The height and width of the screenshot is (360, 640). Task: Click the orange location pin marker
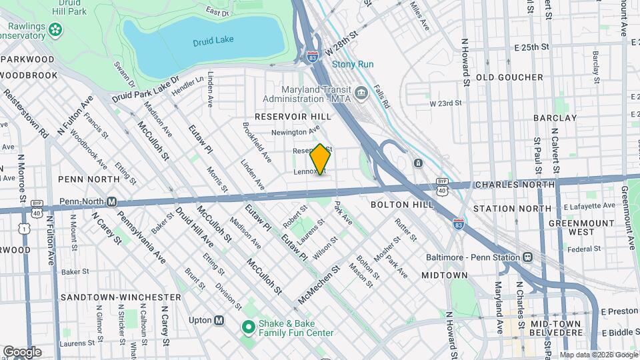tap(320, 159)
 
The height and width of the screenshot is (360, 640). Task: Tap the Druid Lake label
tap(213, 40)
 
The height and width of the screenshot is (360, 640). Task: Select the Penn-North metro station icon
tap(112, 201)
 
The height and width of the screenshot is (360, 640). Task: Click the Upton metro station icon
tap(219, 320)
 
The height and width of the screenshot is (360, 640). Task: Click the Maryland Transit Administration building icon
tap(361, 92)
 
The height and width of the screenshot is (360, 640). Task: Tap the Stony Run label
tap(353, 65)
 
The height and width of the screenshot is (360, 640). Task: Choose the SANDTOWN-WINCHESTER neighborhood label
tap(119, 297)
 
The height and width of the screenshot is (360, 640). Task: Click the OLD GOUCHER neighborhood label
tap(509, 77)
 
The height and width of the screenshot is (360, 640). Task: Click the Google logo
tap(22, 351)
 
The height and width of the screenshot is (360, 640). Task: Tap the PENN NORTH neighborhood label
tap(89, 179)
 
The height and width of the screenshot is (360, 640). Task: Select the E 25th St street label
tap(531, 47)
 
